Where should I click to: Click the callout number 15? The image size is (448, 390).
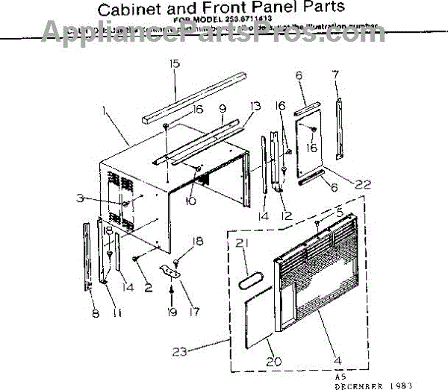[x=174, y=64]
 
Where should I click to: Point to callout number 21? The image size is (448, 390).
[x=241, y=242]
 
